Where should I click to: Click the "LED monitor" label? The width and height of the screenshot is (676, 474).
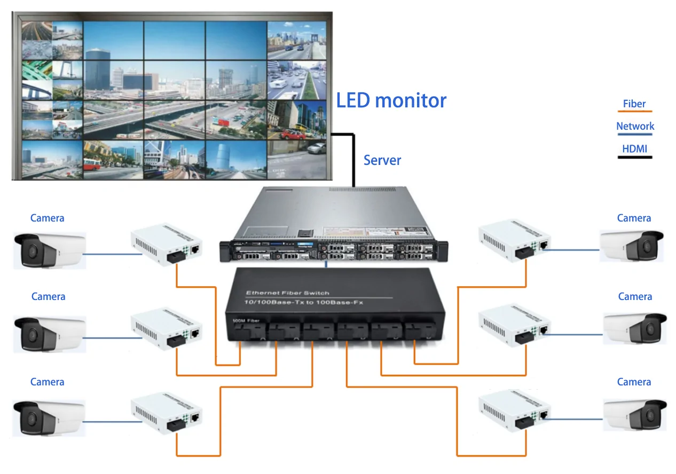coord(391,100)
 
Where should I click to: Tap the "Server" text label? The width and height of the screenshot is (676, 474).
coord(382,160)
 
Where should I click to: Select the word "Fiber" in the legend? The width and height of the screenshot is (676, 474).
coord(634,104)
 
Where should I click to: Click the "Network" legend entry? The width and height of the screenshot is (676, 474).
coord(635,127)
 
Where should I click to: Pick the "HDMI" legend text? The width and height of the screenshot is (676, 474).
coord(634,149)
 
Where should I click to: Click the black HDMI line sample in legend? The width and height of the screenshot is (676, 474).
coord(635,157)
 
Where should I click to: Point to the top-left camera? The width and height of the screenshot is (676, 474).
coord(49,250)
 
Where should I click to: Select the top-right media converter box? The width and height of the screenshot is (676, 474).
coord(515,241)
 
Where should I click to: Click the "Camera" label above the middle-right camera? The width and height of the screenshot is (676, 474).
coord(635,297)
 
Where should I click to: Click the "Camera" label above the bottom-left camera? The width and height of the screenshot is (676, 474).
coord(48,382)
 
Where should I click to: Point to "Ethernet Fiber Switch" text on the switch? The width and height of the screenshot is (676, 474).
coord(287,293)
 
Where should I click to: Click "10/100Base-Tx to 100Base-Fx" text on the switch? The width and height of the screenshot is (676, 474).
coord(302,303)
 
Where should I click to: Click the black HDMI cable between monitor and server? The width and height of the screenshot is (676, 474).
coord(353,160)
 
